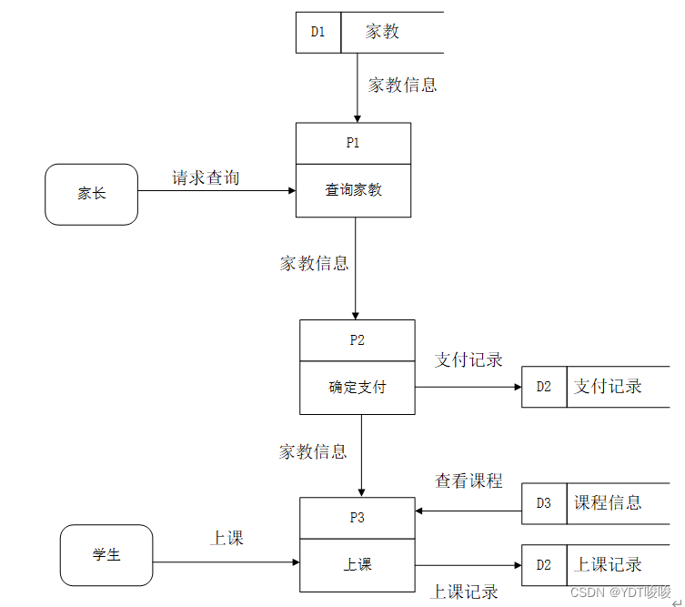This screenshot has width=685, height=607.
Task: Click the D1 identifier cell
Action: click(317, 32)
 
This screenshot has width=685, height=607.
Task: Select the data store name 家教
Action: click(383, 32)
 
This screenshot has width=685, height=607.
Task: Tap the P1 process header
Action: click(353, 143)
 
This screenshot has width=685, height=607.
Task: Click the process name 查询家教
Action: click(353, 190)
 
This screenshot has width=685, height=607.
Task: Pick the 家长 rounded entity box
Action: click(91, 194)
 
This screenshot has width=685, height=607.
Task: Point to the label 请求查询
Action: click(207, 177)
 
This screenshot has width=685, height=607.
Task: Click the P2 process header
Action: click(357, 340)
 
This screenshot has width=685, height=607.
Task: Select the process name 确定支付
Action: click(357, 387)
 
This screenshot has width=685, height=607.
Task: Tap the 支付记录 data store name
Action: click(608, 386)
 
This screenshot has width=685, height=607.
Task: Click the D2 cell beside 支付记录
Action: click(544, 386)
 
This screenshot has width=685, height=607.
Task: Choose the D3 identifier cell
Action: click(544, 502)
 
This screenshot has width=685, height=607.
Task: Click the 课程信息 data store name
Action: click(608, 502)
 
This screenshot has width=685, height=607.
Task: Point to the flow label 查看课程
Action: click(468, 481)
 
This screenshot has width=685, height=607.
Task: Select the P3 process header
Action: click(357, 518)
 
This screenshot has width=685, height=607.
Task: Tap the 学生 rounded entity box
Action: click(106, 554)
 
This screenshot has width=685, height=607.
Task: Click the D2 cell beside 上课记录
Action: click(544, 564)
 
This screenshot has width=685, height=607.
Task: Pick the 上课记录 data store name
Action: click(608, 564)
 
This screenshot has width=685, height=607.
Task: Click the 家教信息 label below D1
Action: click(402, 85)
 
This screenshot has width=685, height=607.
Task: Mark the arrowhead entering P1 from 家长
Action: click(292, 191)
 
